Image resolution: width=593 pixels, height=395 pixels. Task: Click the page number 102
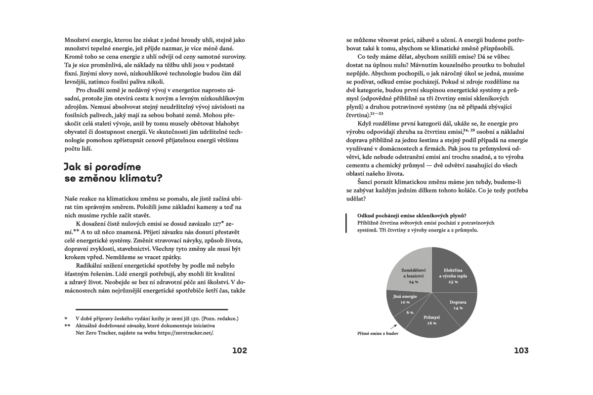pos(239,351)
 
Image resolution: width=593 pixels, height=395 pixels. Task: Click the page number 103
pos(521,351)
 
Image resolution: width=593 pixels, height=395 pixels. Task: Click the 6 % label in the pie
pos(410,313)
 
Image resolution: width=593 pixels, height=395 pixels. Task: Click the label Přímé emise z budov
pos(378,333)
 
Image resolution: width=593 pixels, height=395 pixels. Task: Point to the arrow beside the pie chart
pos(393,326)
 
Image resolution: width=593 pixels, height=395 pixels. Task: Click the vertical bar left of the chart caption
pos(346,223)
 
